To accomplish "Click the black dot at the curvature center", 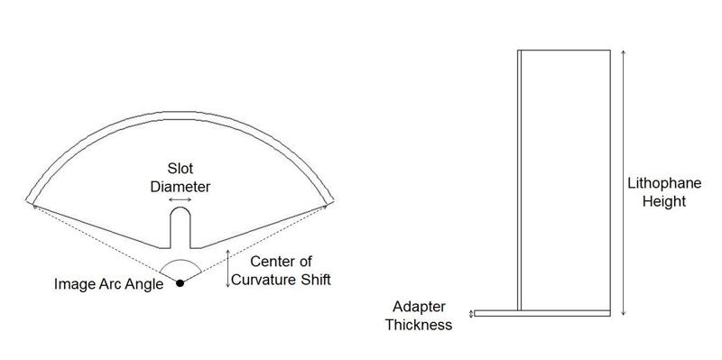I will click(x=180, y=284).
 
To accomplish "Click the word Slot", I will click(x=180, y=168).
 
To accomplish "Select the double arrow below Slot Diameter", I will click(x=180, y=200).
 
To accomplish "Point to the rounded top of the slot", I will click(x=180, y=213).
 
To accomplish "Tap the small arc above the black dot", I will click(x=180, y=263).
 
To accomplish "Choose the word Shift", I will click(x=315, y=280).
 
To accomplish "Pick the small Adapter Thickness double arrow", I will click(x=470, y=314).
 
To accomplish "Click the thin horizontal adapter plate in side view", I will click(x=541, y=314).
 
